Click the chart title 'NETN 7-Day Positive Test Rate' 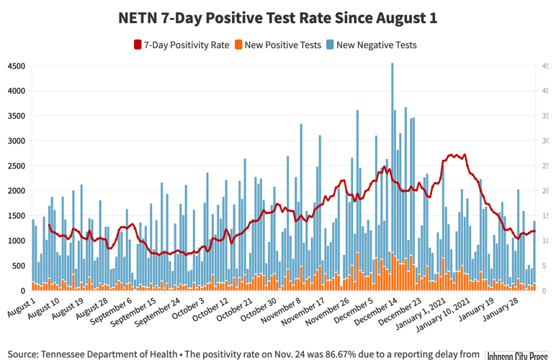pos(277,18)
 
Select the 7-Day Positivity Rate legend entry pos(181,45)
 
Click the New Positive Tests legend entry pos(277,45)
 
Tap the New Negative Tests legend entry pos(370,45)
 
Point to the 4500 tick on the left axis pos(17,66)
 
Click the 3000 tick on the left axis pos(17,141)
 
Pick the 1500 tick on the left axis pos(17,216)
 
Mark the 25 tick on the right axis pos(547,166)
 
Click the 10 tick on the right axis pos(547,241)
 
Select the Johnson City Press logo pos(518,356)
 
